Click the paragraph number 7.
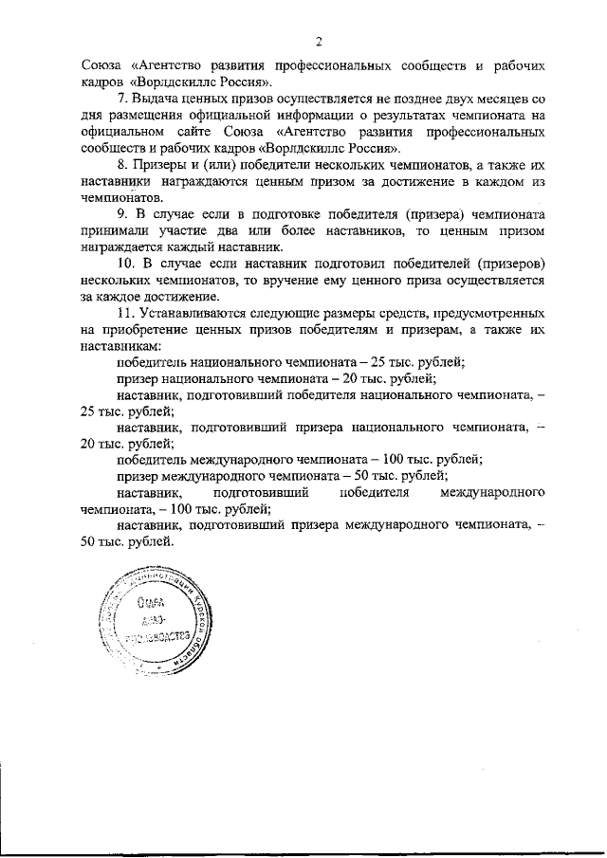[x=120, y=100]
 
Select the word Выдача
[x=154, y=100]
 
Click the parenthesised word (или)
[x=217, y=165]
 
